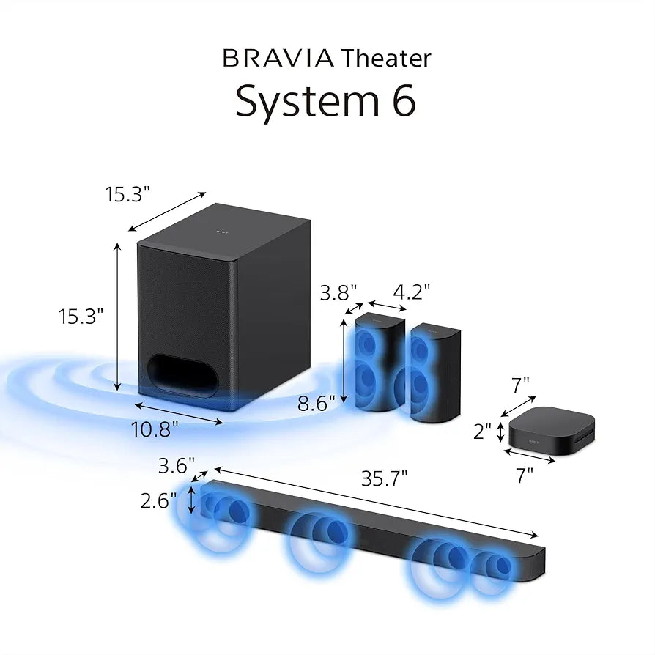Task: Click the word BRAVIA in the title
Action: pyautogui.click(x=278, y=58)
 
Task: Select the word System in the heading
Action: pyautogui.click(x=303, y=102)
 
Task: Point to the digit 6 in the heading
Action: pyautogui.click(x=401, y=102)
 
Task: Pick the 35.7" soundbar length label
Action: pyautogui.click(x=384, y=478)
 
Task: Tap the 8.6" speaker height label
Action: pyautogui.click(x=317, y=401)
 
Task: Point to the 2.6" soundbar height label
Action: pyautogui.click(x=158, y=501)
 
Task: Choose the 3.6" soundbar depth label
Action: pyautogui.click(x=177, y=465)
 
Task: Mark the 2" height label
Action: pyautogui.click(x=482, y=432)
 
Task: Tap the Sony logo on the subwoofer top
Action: pyautogui.click(x=221, y=232)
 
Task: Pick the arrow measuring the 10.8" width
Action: pyautogui.click(x=179, y=412)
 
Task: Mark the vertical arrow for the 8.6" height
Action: pyautogui.click(x=347, y=363)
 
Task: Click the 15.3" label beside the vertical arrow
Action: pyautogui.click(x=81, y=316)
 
